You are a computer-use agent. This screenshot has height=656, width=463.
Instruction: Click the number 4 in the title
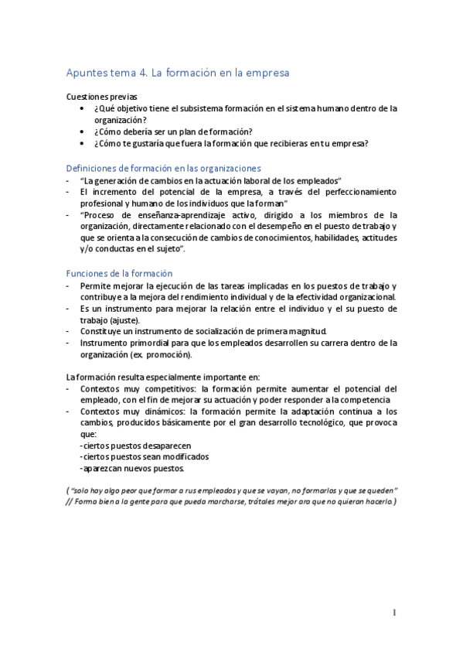(x=141, y=73)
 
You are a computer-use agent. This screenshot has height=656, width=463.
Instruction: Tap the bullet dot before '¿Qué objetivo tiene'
(x=83, y=109)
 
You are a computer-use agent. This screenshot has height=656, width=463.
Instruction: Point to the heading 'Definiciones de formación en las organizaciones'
(x=164, y=168)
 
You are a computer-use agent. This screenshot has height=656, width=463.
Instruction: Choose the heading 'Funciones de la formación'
(x=119, y=273)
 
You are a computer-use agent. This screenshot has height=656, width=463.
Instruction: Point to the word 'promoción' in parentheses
(x=170, y=354)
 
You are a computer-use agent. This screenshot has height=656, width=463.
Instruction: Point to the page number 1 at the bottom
(x=394, y=613)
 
